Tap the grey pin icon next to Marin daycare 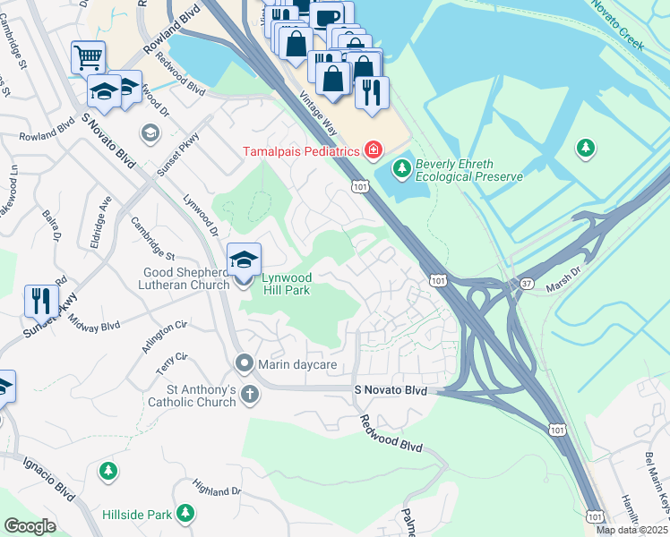243,363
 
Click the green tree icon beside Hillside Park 185,513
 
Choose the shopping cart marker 88,57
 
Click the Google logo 30,526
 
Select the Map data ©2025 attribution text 631,530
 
